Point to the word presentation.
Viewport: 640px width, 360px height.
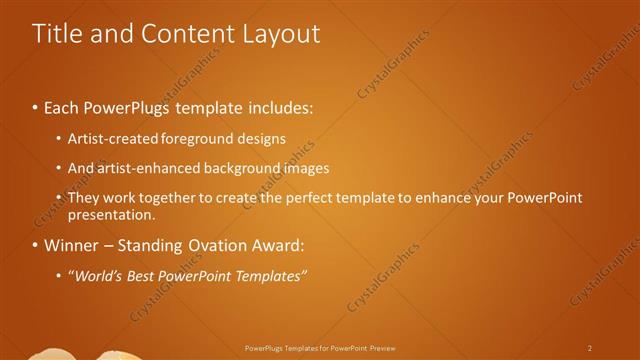[111, 214]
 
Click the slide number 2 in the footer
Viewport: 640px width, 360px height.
[590, 348]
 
